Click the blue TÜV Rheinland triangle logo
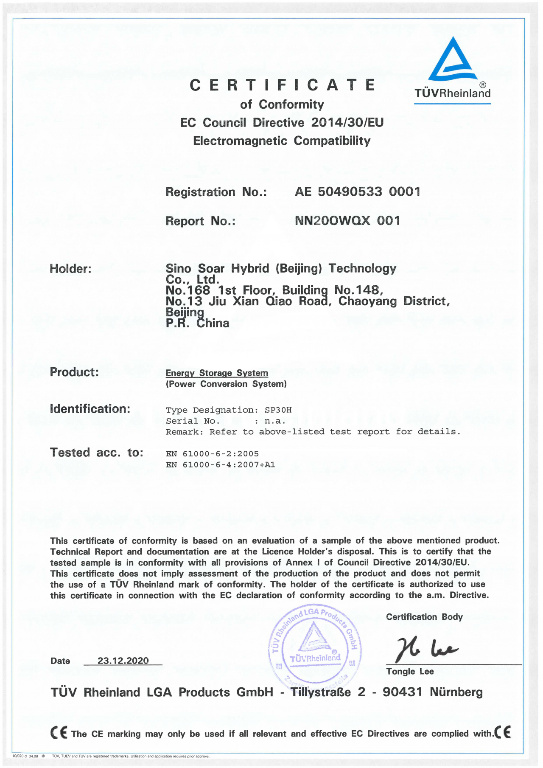point(452,60)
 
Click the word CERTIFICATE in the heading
point(283,85)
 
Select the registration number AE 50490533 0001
point(357,192)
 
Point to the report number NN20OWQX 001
point(347,221)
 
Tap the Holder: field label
point(70,269)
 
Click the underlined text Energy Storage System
point(217,373)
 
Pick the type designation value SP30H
point(278,410)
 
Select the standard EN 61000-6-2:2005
point(212,454)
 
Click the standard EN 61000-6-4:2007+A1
point(220,465)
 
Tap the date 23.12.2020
point(123,661)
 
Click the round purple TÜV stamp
point(315,646)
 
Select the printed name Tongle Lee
point(410,672)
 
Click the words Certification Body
point(424,617)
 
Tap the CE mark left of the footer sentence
point(59,733)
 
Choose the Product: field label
point(74,372)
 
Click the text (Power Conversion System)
point(226,384)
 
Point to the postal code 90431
point(402,692)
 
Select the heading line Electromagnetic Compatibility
point(282,141)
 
